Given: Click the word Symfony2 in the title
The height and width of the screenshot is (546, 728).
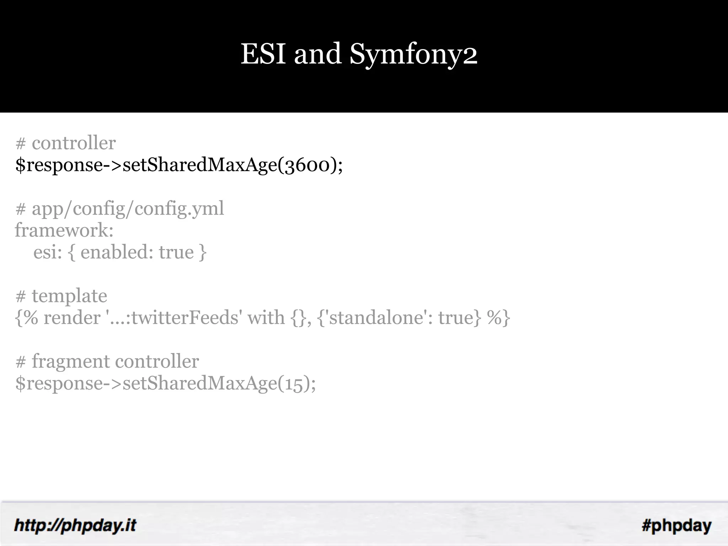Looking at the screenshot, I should tap(413, 55).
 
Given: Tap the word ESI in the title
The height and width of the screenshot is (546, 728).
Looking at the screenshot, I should tap(263, 54).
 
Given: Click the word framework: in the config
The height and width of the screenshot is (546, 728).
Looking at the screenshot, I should tap(64, 230).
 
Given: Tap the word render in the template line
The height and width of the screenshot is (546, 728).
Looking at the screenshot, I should tap(72, 317).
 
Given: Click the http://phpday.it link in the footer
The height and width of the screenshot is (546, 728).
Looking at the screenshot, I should tap(75, 525).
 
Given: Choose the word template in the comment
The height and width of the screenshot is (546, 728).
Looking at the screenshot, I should tap(69, 296).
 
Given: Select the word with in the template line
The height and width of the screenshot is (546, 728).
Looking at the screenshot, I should tap(266, 317).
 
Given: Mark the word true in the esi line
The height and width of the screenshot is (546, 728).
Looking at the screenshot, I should tap(176, 252).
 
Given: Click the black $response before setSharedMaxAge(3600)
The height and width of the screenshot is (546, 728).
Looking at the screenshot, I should tap(59, 165).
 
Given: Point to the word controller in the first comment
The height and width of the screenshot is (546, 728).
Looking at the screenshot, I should tap(74, 143).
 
